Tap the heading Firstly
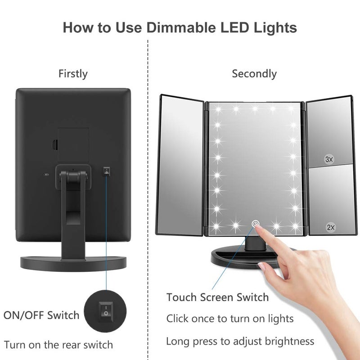point(73,74)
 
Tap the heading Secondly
point(254,74)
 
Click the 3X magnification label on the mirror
point(329,159)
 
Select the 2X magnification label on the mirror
point(331,228)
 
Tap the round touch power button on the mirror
point(255,223)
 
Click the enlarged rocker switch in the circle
point(106,310)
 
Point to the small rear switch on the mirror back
point(106,170)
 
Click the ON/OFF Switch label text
point(41,315)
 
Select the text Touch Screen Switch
point(217,297)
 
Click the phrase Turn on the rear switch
point(58,345)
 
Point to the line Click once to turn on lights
point(230,319)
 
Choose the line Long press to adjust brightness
point(240,341)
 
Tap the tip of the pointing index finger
point(261,229)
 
